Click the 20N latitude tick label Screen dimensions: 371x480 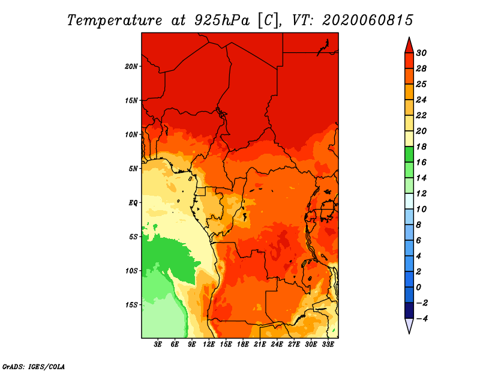coord(131,66)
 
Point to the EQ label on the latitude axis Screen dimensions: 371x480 coord(133,202)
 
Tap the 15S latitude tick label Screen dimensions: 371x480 coord(131,304)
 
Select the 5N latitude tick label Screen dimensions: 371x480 coord(133,168)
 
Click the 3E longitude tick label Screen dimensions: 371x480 coord(158,345)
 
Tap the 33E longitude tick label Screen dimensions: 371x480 coord(328,345)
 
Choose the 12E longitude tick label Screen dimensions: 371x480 coord(209,345)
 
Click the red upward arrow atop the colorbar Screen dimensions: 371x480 coord(409,45)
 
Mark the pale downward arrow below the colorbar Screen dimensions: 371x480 coord(409,326)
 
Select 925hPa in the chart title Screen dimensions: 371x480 coord(219,20)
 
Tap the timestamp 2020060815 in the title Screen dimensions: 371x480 coord(367,20)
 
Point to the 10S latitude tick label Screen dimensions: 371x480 coord(131,271)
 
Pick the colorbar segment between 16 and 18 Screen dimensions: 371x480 coord(409,154)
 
